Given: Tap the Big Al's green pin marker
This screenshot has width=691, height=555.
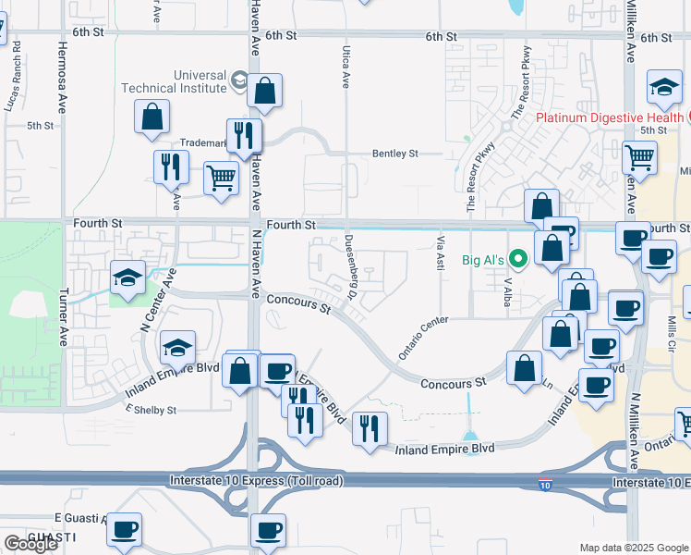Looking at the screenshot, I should tap(519, 260).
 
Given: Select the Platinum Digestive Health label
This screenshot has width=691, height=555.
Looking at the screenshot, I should tap(610, 117).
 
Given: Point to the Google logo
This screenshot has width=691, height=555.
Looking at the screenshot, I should tap(30, 544).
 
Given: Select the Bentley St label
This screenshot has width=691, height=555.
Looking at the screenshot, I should tap(395, 154).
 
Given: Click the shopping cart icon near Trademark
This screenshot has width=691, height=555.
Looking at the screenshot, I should tap(221, 177).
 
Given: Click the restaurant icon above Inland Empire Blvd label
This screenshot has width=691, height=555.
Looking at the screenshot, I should tap(370, 427).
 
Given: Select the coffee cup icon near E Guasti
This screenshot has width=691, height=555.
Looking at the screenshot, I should tap(124, 529).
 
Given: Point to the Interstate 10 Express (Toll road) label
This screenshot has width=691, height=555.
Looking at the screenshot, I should tap(257, 481).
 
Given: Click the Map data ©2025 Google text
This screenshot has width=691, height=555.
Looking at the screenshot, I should tap(633, 548).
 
